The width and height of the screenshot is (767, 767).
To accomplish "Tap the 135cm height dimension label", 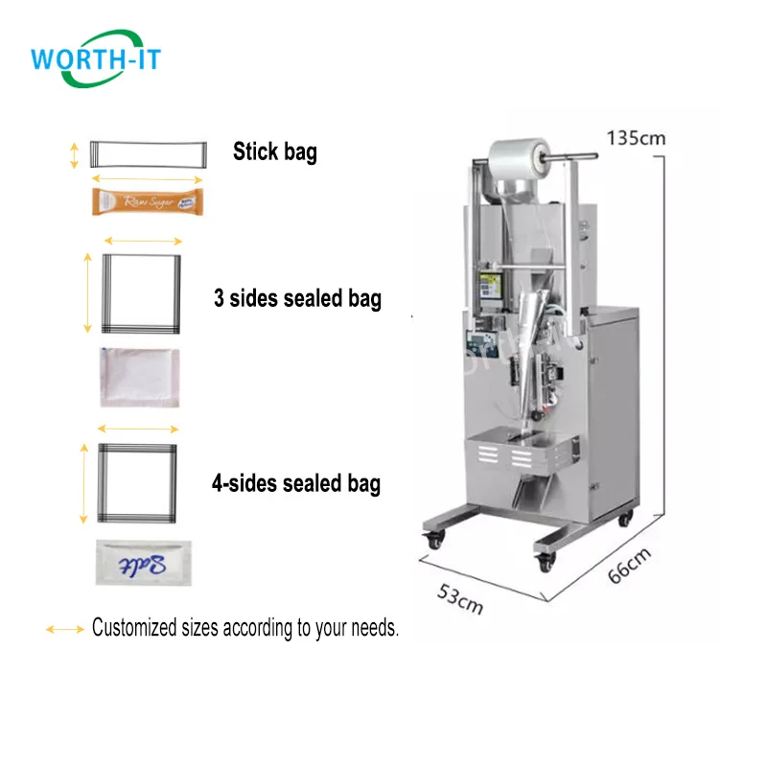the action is (x=635, y=137).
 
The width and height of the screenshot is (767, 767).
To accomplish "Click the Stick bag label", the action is (x=275, y=151).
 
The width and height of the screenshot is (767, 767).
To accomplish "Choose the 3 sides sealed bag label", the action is (x=297, y=298).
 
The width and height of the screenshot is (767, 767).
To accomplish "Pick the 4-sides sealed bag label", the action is (x=295, y=483).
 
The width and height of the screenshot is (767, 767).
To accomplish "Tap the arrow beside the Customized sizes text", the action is (x=65, y=629).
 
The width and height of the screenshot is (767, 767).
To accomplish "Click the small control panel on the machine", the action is (x=491, y=289).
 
